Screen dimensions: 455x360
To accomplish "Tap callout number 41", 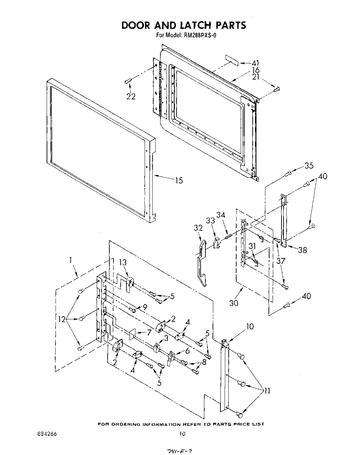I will click(255, 63).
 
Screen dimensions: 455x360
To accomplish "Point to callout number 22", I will click(131, 96).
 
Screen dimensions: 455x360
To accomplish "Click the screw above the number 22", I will click(128, 81).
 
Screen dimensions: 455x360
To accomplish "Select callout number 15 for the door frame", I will click(179, 180).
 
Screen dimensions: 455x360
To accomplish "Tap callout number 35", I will click(309, 165).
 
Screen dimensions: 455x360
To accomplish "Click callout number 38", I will click(302, 250).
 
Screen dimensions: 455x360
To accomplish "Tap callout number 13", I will click(123, 262).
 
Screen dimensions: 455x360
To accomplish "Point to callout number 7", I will click(148, 332).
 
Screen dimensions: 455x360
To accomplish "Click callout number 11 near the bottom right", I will click(266, 390).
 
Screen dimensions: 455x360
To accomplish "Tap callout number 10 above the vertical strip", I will click(250, 327).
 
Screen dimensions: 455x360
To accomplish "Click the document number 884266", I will click(47, 434).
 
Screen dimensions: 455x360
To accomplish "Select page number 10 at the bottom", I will click(182, 434).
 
